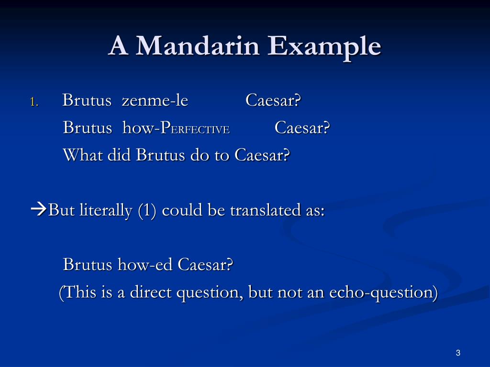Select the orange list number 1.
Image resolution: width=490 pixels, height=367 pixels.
click(33, 102)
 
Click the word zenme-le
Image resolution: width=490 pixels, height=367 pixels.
click(155, 101)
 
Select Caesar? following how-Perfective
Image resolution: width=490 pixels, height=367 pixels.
click(302, 128)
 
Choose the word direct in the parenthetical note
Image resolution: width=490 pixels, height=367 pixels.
click(150, 292)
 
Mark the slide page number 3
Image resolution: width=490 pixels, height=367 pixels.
click(458, 353)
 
